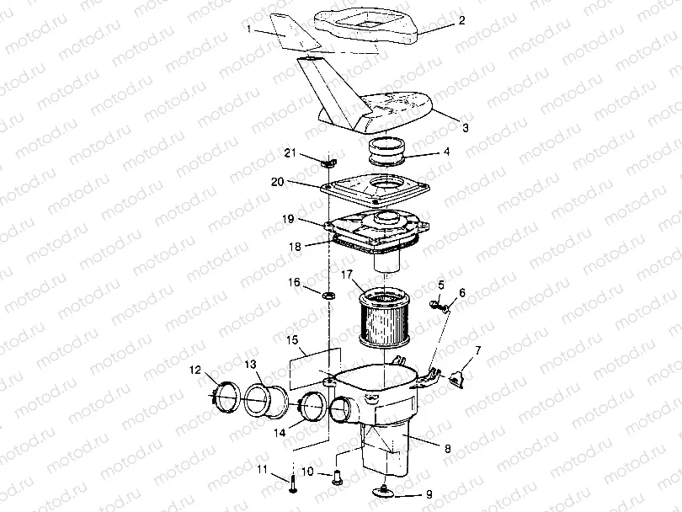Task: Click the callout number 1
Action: [x=248, y=29]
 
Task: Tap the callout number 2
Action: [x=462, y=20]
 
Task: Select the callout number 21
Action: [x=290, y=152]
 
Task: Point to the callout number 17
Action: [x=346, y=275]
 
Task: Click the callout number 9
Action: [x=429, y=494]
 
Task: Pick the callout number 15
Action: [x=292, y=339]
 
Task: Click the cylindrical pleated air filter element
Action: [x=384, y=317]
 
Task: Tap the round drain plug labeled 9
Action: [x=384, y=492]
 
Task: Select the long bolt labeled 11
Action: [x=292, y=483]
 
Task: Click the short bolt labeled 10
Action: [x=337, y=477]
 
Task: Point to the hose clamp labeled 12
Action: [x=226, y=396]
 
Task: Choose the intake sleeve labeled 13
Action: [x=265, y=402]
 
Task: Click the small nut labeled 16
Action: [x=329, y=296]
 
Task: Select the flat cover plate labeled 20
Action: [x=375, y=189]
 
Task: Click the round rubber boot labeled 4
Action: [x=387, y=151]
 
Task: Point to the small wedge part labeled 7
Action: [x=456, y=379]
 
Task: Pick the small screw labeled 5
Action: [x=434, y=305]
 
